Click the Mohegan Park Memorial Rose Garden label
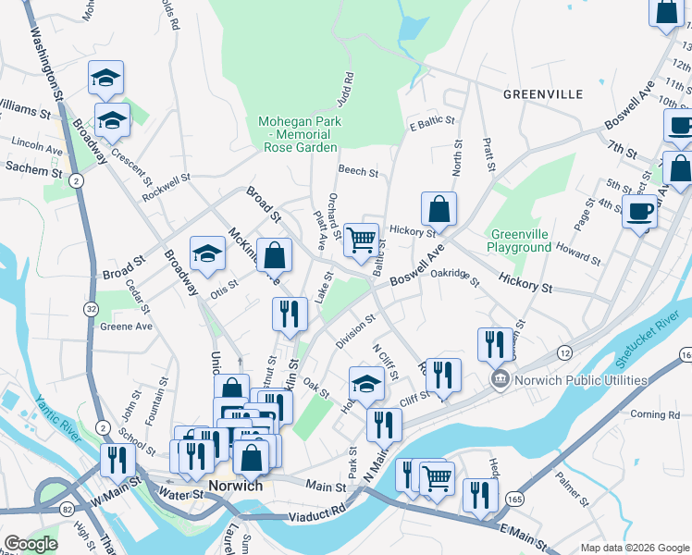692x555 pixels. tap(300, 134)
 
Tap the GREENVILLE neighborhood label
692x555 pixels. tap(543, 94)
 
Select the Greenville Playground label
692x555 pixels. tap(521, 240)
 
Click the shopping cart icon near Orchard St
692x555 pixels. tap(361, 240)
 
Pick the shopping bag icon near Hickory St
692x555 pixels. tap(439, 209)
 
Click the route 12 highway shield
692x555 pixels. tap(563, 351)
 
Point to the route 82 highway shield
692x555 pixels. tap(68, 509)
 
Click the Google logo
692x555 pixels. tap(31, 544)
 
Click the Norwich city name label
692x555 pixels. tap(235, 486)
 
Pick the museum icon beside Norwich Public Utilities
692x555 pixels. tap(500, 377)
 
